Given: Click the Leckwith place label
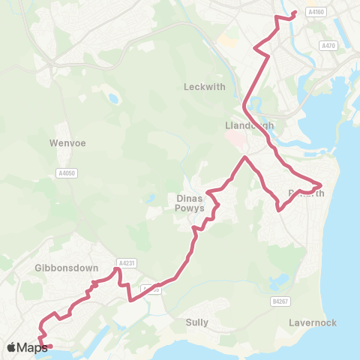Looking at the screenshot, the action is (x=204, y=87).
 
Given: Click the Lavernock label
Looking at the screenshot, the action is (x=312, y=322).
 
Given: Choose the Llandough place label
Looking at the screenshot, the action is (x=249, y=125).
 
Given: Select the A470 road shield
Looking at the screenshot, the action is (x=327, y=46).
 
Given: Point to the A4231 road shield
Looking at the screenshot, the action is (x=125, y=262).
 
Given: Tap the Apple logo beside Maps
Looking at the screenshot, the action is (x=10, y=347).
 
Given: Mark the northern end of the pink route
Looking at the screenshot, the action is (x=295, y=12).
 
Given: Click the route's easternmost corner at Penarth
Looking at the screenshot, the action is (x=322, y=184).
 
